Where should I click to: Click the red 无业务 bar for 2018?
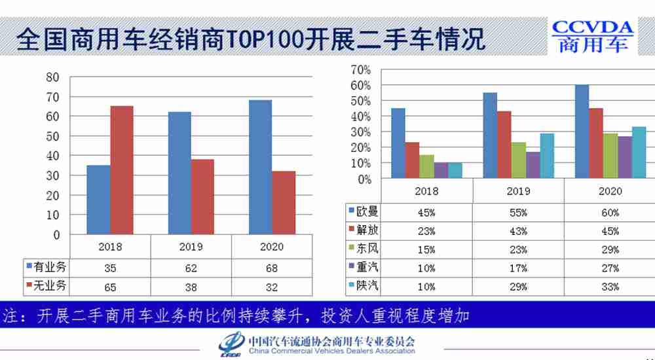point(122,170)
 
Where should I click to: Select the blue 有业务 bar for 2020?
point(260,167)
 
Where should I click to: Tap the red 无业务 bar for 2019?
point(202,196)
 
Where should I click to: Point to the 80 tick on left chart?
point(52,77)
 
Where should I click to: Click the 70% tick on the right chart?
point(361,69)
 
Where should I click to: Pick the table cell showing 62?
point(191,268)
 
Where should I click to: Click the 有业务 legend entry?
point(46,268)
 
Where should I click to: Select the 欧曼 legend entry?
point(363,212)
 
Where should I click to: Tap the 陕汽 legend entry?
point(363,285)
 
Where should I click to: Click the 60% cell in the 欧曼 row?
point(610,213)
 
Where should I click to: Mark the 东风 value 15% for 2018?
point(426,249)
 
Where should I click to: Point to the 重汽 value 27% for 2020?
point(610,268)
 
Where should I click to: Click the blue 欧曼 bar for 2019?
point(490,135)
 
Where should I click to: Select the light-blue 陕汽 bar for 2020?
point(638,153)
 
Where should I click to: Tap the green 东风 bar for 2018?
point(426,166)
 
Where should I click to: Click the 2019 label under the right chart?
point(518,192)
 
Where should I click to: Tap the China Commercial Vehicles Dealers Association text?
point(332,351)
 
